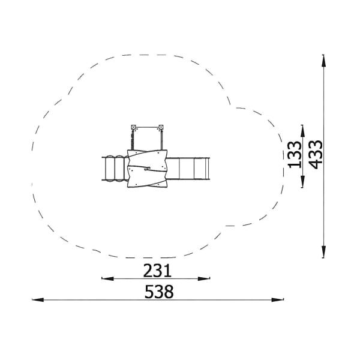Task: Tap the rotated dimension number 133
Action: [x=295, y=155]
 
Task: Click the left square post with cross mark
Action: [x=134, y=127]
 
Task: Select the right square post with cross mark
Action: [x=161, y=127]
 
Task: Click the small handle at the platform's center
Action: [x=146, y=169]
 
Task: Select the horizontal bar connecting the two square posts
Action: [x=147, y=127]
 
